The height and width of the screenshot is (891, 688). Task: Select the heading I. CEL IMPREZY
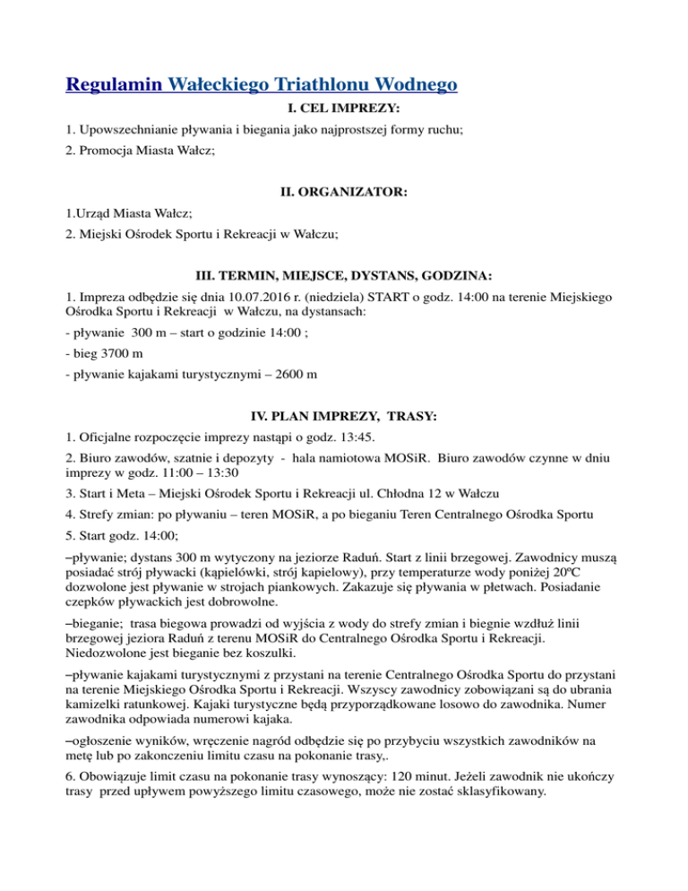point(343,108)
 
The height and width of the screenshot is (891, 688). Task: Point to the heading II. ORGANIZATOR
point(343,192)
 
